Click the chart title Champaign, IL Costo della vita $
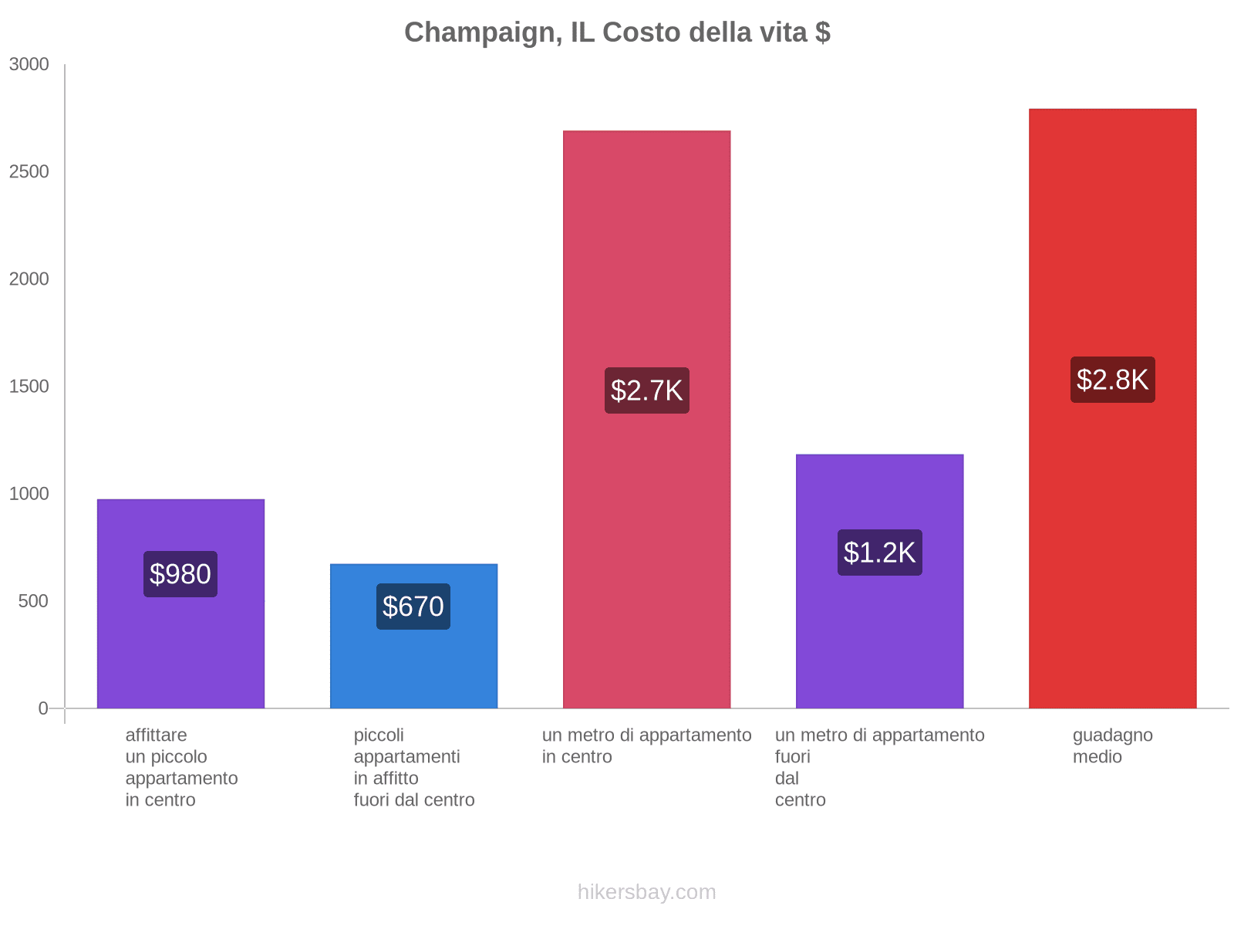tap(617, 32)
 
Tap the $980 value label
tap(180, 574)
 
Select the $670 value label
tap(413, 607)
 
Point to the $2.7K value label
tap(646, 390)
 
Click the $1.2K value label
tap(879, 553)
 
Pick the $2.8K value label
tap(1112, 380)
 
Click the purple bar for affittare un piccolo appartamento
tap(180, 656)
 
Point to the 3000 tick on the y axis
tap(29, 65)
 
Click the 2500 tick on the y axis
tap(29, 172)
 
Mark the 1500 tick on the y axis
tap(29, 387)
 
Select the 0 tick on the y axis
tap(43, 708)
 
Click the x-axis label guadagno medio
tap(1112, 745)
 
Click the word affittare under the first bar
tap(156, 735)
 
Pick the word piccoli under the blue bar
tap(379, 735)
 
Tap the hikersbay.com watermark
tap(646, 892)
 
